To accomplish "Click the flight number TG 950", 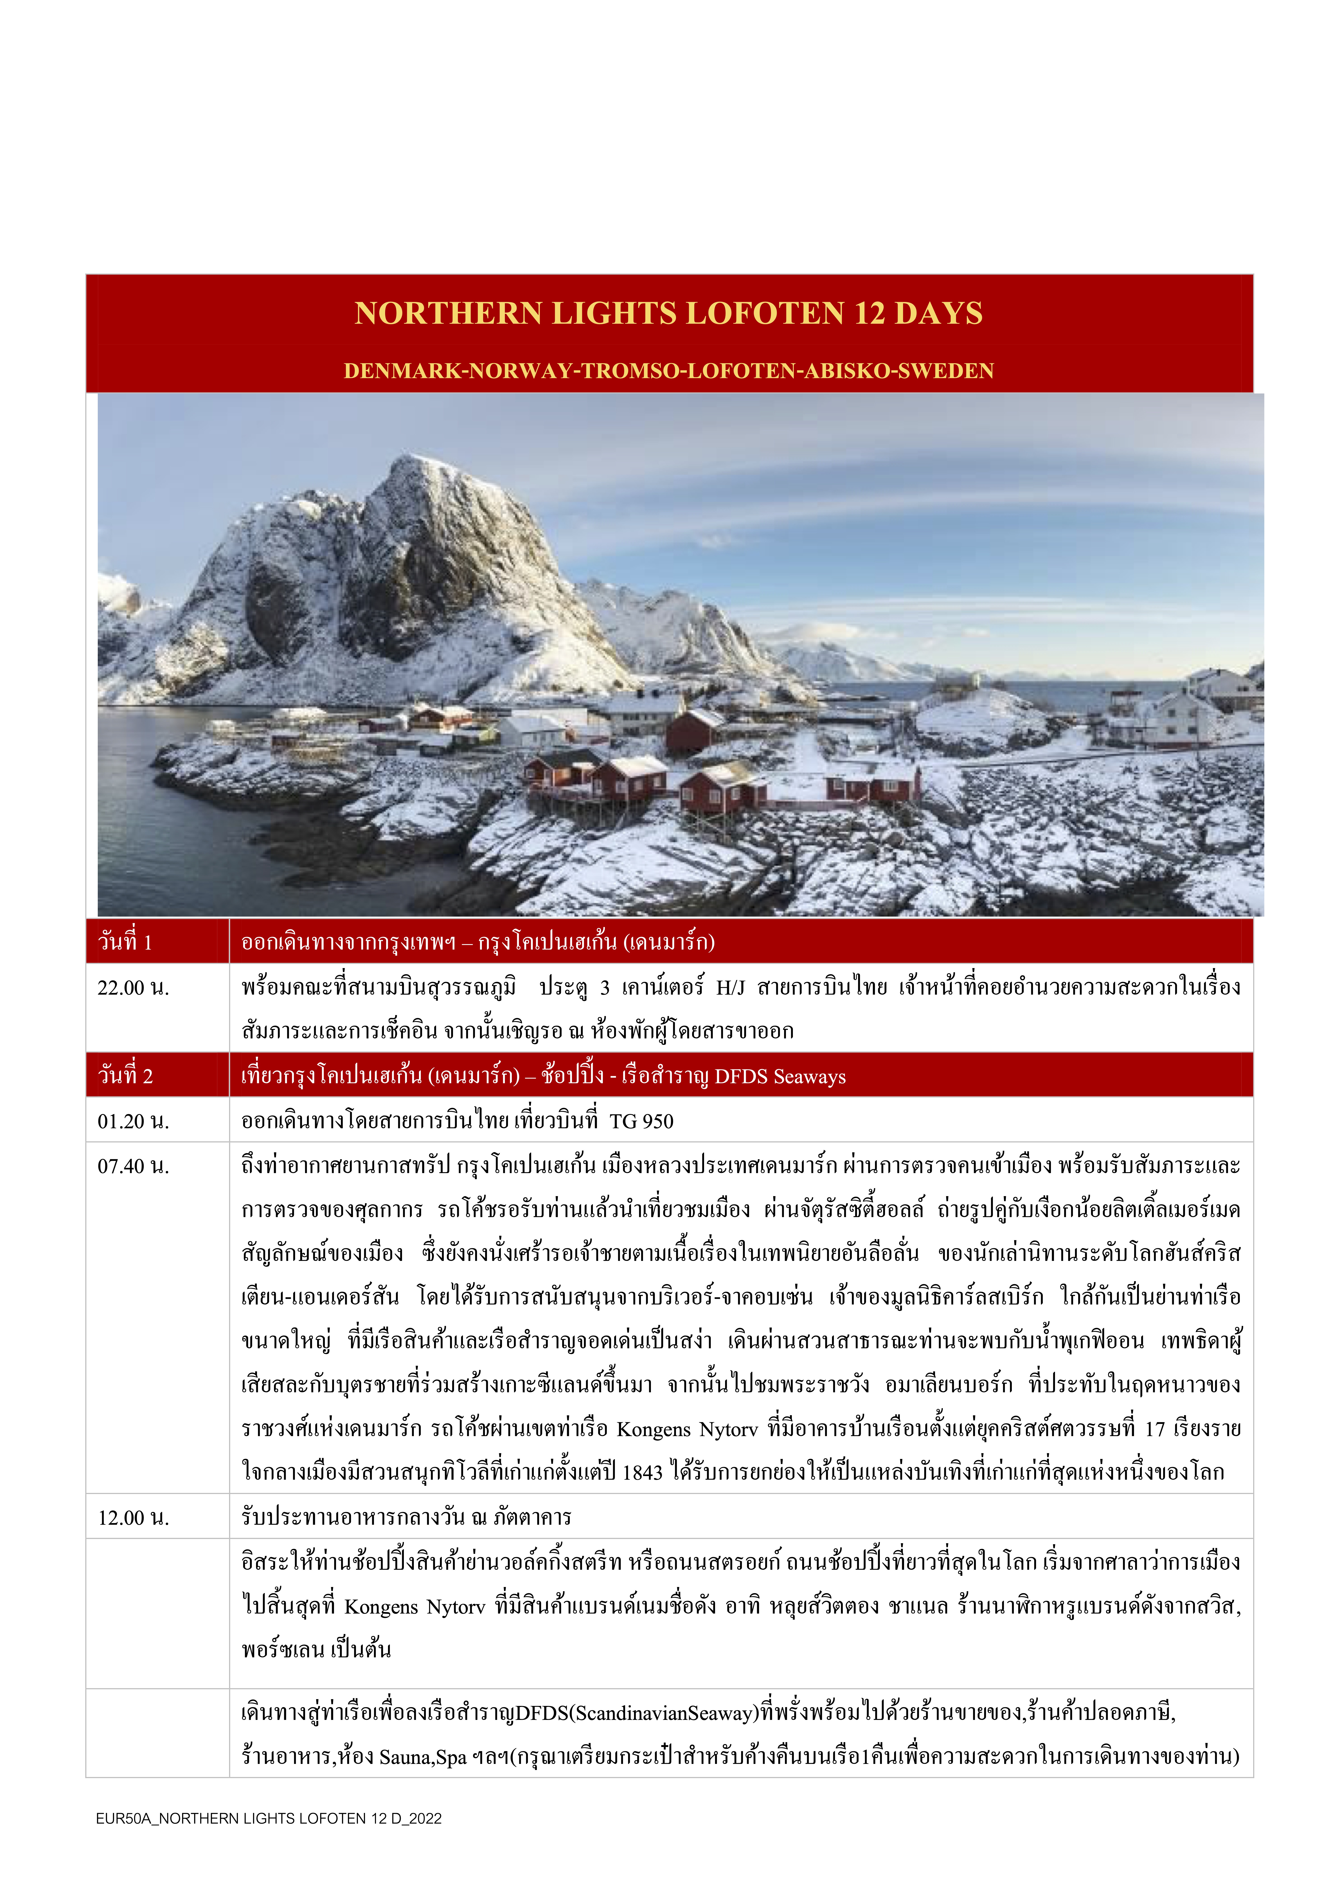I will [641, 1121].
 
